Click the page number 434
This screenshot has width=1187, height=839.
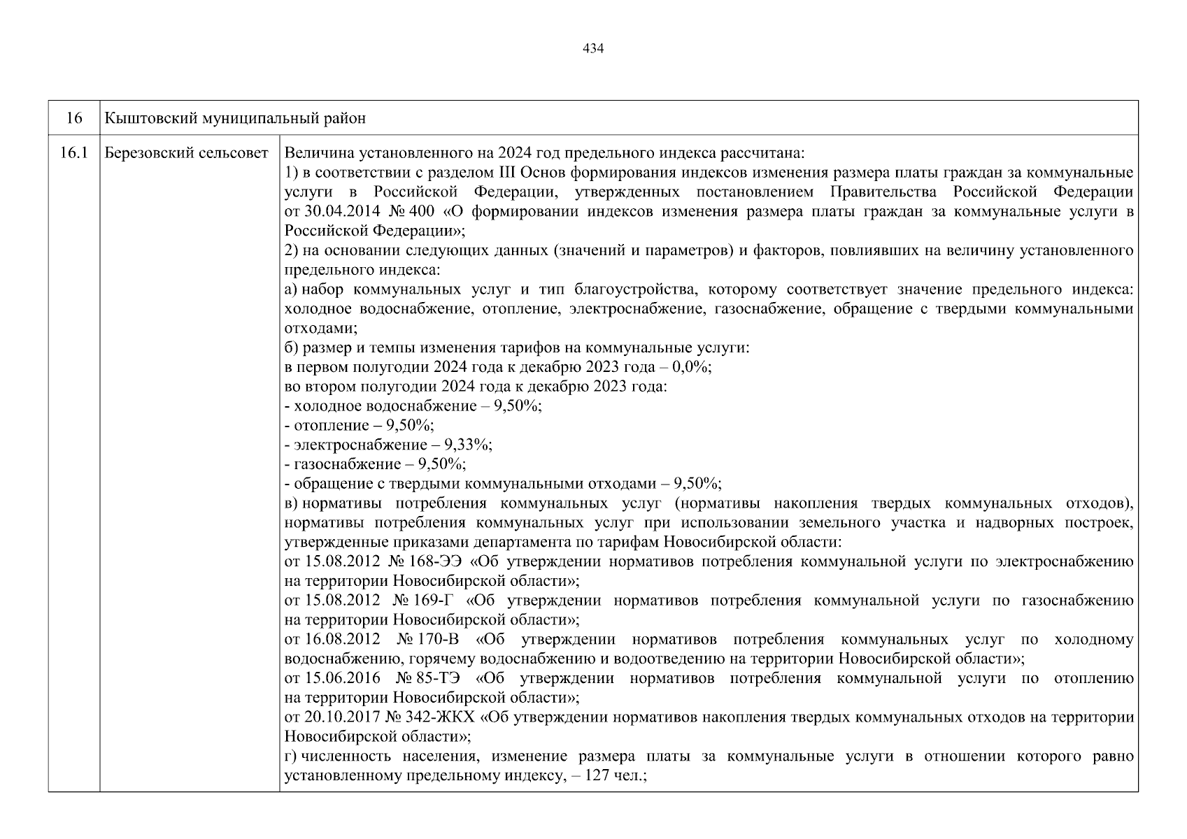(x=592, y=48)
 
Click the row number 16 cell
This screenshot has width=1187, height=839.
(x=73, y=118)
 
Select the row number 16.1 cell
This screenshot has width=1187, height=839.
(x=73, y=152)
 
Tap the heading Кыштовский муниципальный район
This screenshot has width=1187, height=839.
(x=235, y=118)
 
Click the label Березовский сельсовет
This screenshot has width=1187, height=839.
(x=186, y=152)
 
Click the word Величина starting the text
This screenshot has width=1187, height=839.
(x=313, y=153)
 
